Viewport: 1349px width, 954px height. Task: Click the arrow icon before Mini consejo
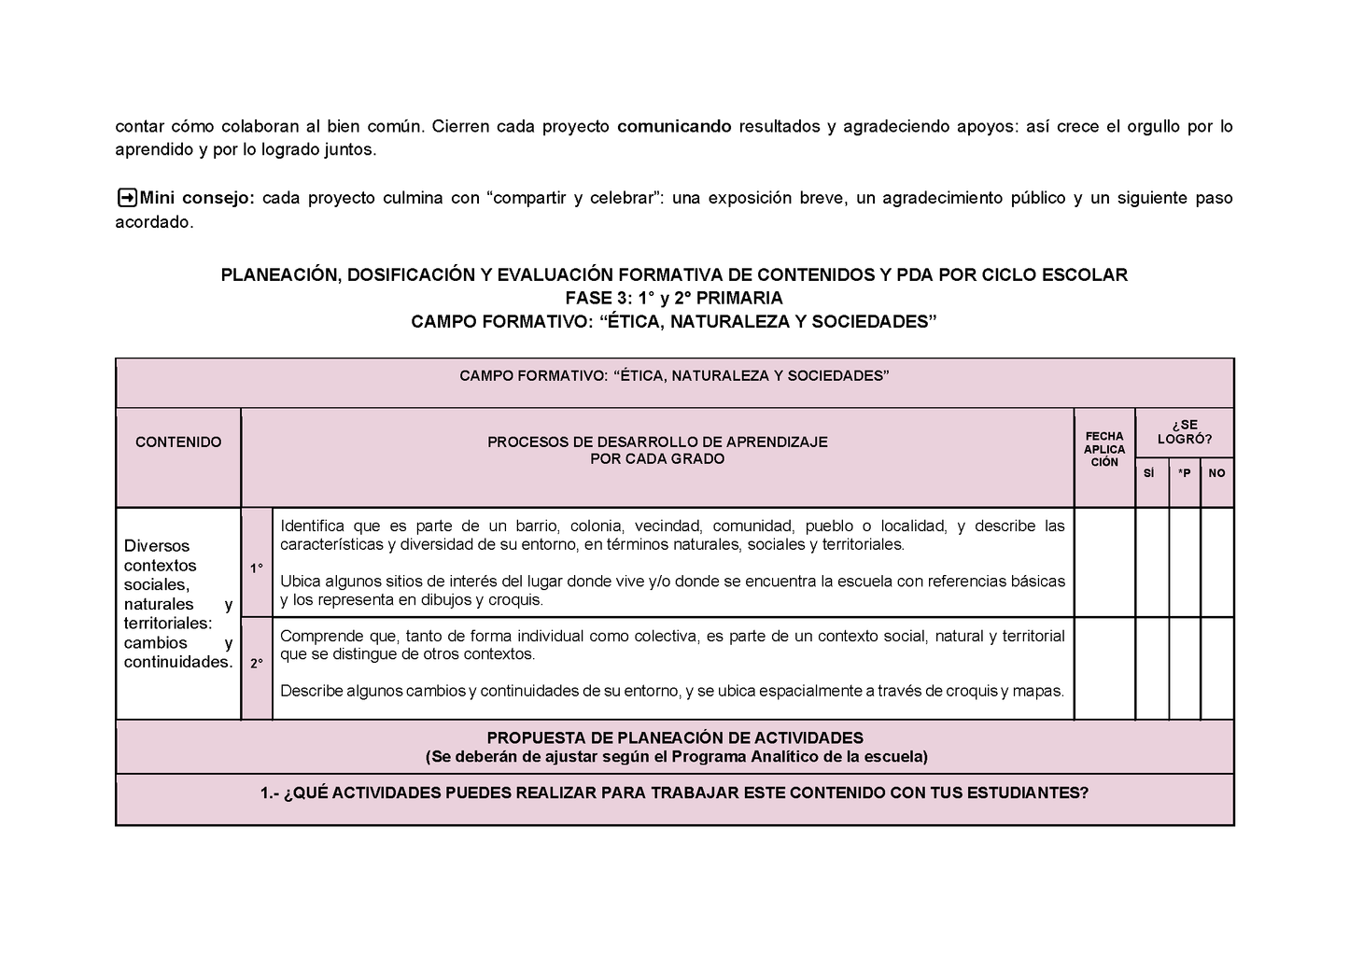pyautogui.click(x=126, y=198)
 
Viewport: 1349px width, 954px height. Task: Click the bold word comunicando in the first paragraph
pyautogui.click(x=674, y=126)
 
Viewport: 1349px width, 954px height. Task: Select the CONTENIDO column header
pyautogui.click(x=178, y=442)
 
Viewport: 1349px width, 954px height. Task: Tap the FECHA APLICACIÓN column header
pyautogui.click(x=1104, y=449)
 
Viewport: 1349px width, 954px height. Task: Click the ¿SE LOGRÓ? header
pyautogui.click(x=1185, y=432)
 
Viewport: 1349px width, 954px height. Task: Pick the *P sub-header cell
pyautogui.click(x=1184, y=473)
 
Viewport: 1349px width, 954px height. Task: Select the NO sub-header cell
pyautogui.click(x=1216, y=473)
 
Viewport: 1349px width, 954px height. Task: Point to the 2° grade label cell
pyautogui.click(x=256, y=664)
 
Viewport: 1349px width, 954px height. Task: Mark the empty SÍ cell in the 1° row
pyautogui.click(x=1152, y=562)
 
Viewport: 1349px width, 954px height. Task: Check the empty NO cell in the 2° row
pyautogui.click(x=1217, y=668)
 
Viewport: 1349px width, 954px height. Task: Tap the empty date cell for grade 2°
pyautogui.click(x=1104, y=668)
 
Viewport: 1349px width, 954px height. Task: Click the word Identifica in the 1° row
pyautogui.click(x=312, y=526)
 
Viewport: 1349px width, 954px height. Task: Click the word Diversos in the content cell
pyautogui.click(x=157, y=546)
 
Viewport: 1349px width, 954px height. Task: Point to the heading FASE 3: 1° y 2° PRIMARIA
pyautogui.click(x=674, y=298)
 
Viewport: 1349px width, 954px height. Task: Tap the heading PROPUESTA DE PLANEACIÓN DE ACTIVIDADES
pyautogui.click(x=674, y=737)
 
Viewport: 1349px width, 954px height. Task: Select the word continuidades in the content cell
pyautogui.click(x=177, y=662)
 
